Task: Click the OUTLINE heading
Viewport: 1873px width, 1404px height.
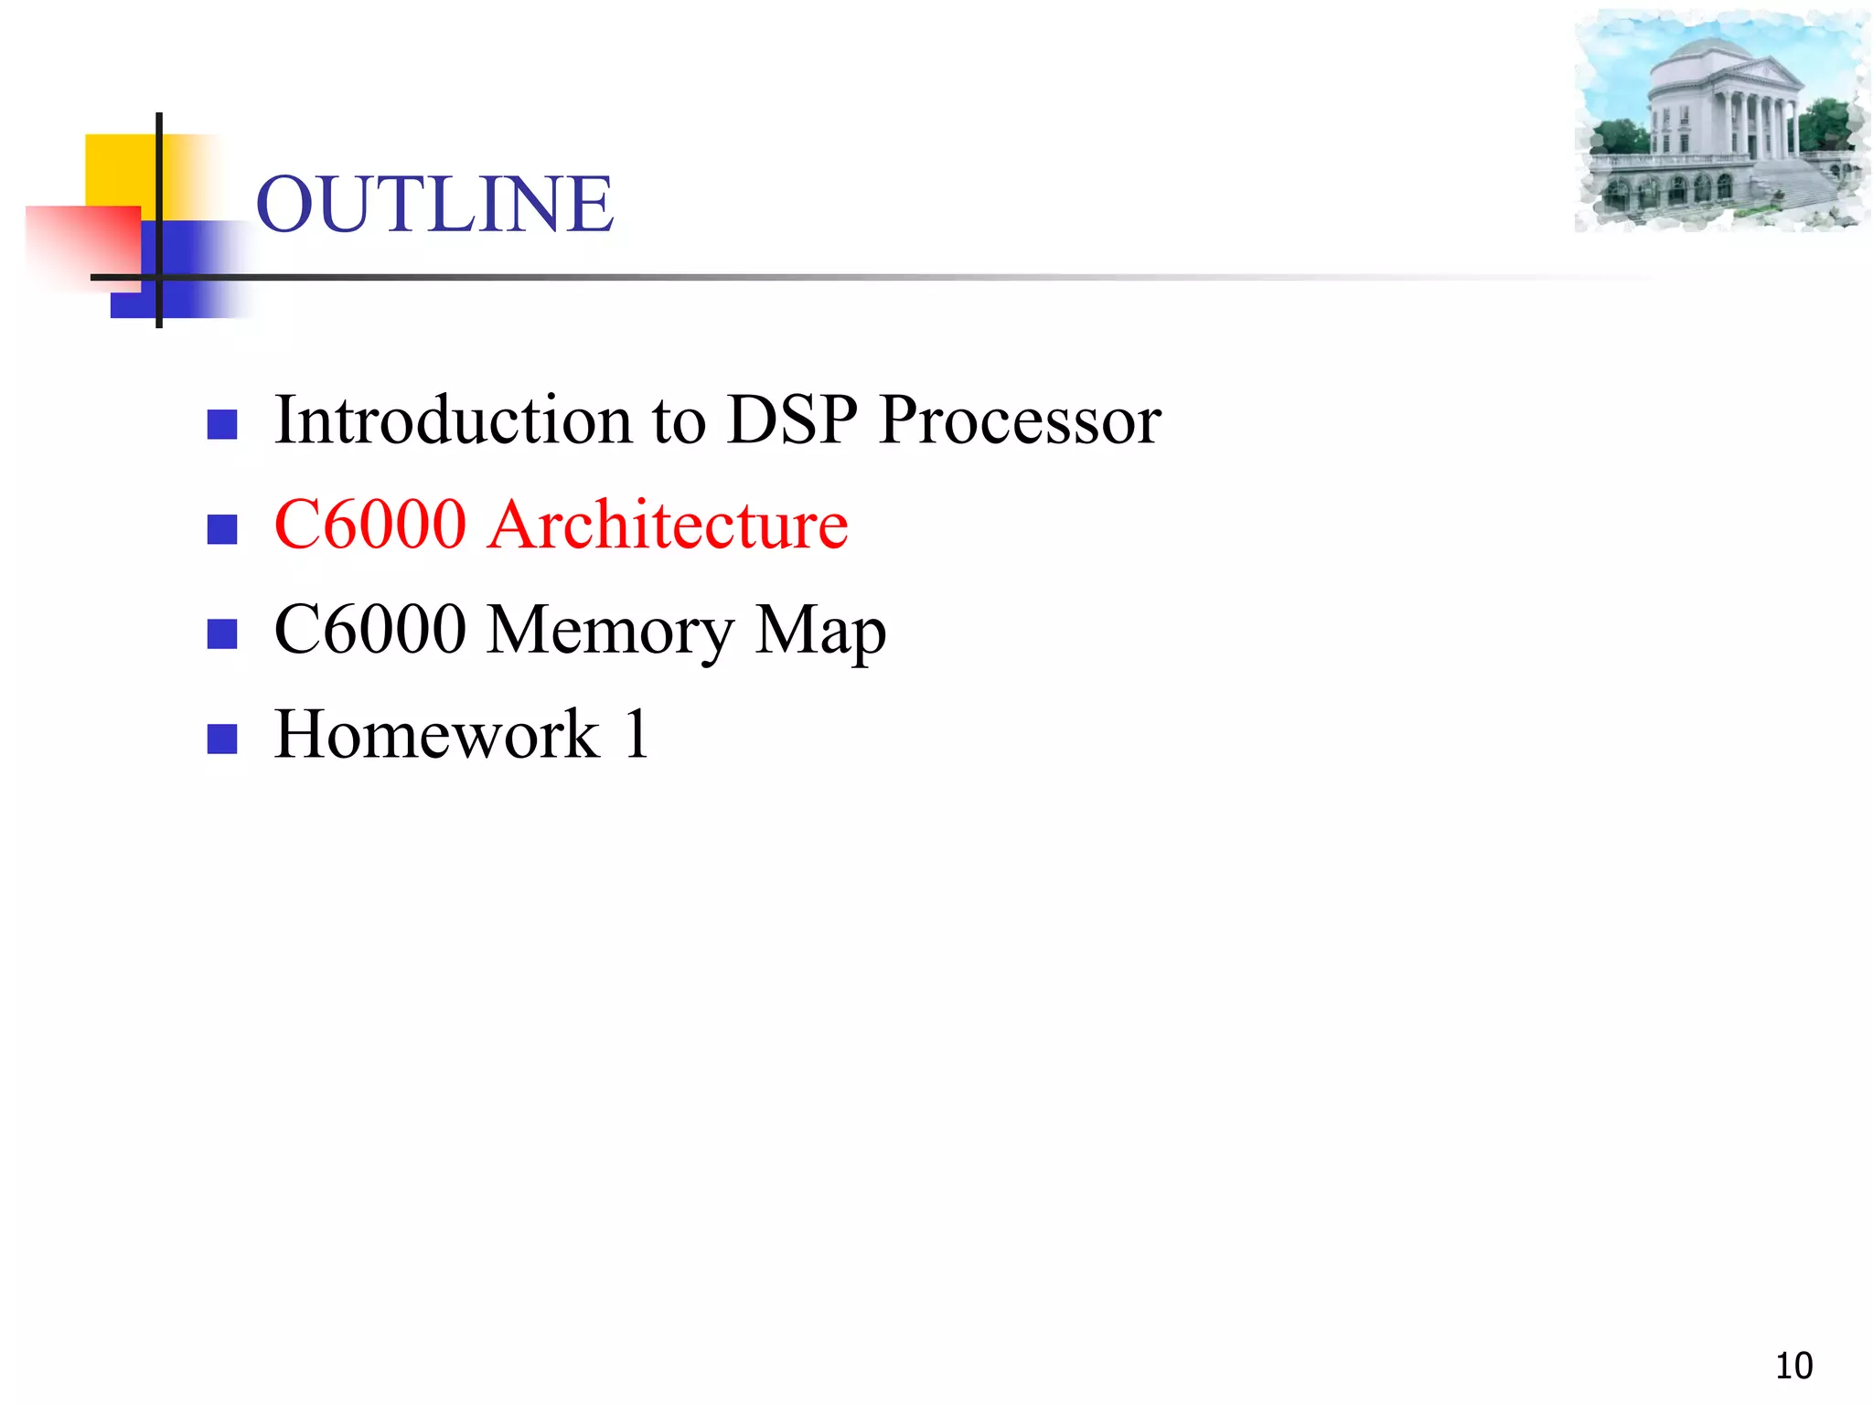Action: [434, 204]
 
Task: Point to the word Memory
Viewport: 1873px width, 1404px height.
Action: [610, 631]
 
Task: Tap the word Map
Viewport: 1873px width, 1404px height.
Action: [820, 631]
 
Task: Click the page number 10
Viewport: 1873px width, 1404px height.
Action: [1793, 1366]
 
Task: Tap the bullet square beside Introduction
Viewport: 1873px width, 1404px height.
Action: [222, 424]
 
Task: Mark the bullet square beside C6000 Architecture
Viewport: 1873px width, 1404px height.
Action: [222, 529]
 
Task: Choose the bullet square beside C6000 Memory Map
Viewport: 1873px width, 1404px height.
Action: [222, 633]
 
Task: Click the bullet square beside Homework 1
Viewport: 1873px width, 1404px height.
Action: [222, 739]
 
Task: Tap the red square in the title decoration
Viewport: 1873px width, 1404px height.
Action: [82, 242]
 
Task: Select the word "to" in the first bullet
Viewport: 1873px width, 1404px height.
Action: [679, 421]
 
